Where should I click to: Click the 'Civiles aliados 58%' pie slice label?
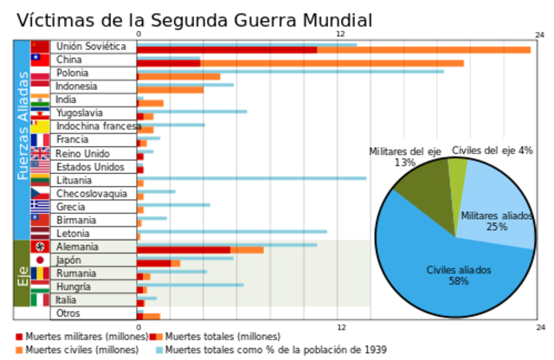(x=458, y=275)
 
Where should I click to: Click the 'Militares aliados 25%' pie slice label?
(x=496, y=221)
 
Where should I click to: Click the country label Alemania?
(x=77, y=247)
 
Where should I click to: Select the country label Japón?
(x=68, y=260)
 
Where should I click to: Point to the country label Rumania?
(x=75, y=273)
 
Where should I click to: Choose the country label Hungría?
(x=74, y=286)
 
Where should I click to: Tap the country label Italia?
(x=66, y=299)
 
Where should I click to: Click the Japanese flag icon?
(x=40, y=260)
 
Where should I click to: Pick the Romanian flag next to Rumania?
(x=40, y=273)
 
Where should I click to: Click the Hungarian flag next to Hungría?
(x=40, y=286)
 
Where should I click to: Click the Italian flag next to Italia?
(x=40, y=299)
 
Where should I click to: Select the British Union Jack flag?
(x=40, y=153)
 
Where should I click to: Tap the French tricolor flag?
(x=40, y=140)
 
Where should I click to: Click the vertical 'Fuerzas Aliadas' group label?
(x=22, y=126)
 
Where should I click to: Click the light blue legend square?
(x=158, y=350)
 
